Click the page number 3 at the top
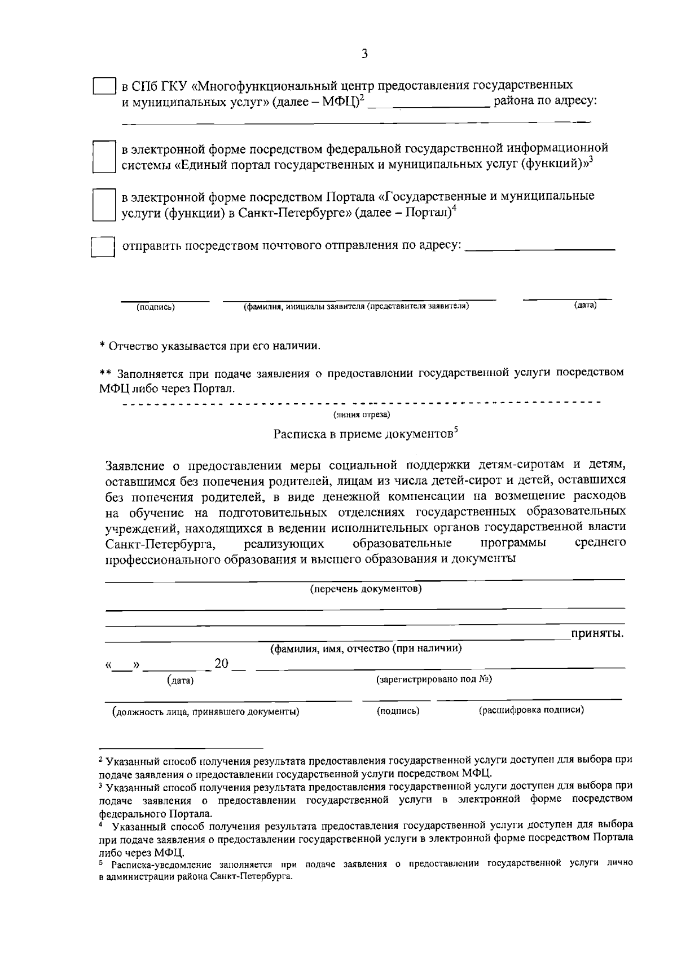coord(364,54)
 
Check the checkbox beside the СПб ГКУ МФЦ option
coord(104,86)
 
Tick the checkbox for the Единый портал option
coord(103,156)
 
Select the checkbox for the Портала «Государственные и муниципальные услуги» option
coord(103,204)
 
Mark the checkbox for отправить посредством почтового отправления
coord(103,247)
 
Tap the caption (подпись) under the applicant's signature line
coord(156,307)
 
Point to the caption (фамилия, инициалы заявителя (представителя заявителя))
coord(357,306)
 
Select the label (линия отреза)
coord(361,415)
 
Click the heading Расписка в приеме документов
coord(364,434)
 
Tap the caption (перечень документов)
coord(366,589)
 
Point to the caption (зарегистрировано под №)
coord(434,679)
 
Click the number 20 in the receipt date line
coord(221,663)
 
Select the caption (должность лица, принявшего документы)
coord(206,711)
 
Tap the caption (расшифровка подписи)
coord(531,710)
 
